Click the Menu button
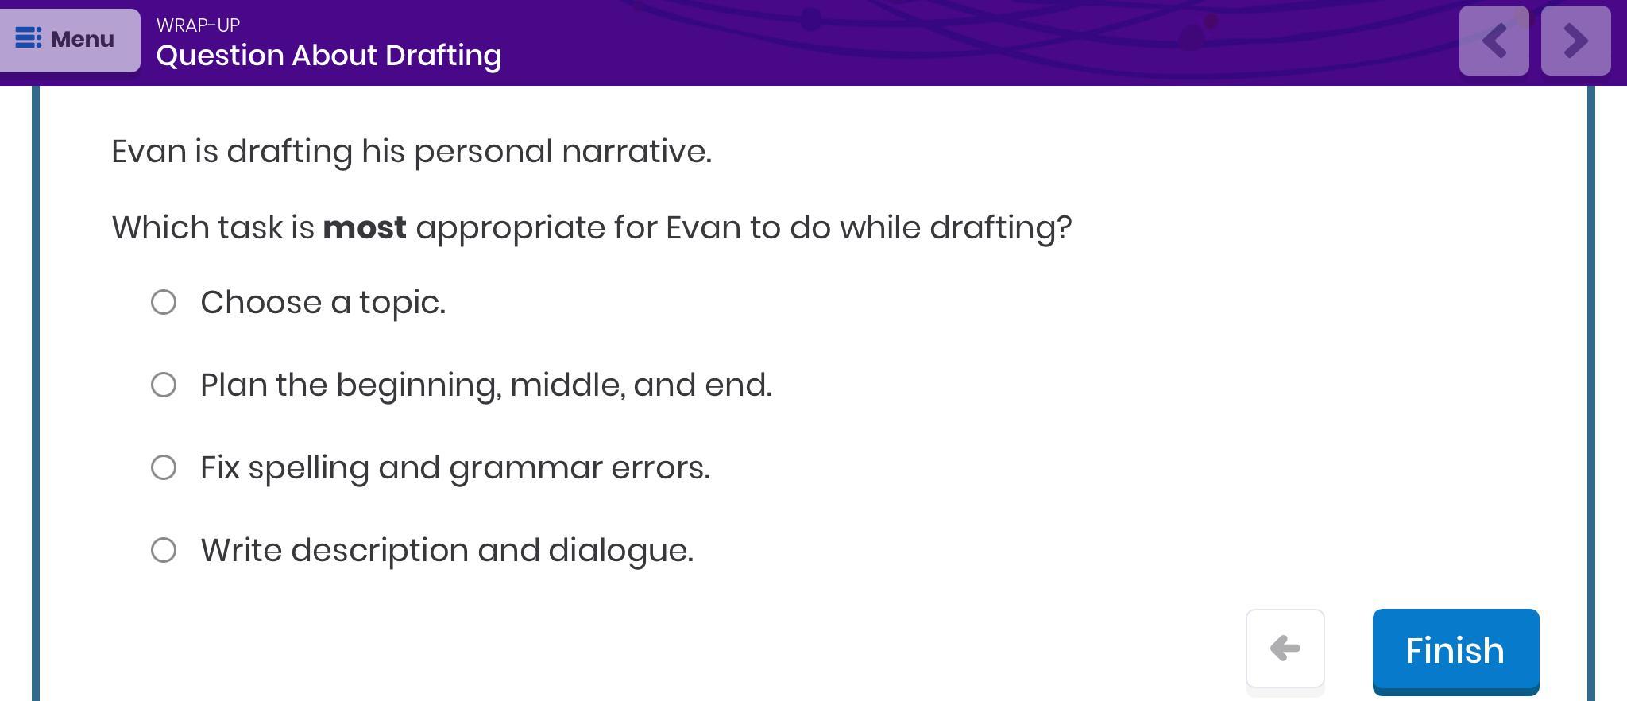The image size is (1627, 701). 70,40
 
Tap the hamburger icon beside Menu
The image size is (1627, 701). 29,38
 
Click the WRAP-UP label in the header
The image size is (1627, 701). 198,25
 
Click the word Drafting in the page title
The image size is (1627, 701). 443,56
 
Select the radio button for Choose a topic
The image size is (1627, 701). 164,302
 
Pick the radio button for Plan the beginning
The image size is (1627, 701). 164,385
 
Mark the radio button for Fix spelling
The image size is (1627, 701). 164,467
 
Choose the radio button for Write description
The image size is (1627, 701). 164,550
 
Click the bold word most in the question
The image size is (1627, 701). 365,228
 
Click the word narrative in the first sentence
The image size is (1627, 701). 636,151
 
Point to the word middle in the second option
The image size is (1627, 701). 566,385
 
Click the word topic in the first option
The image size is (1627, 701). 402,304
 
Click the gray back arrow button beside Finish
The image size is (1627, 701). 1285,649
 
